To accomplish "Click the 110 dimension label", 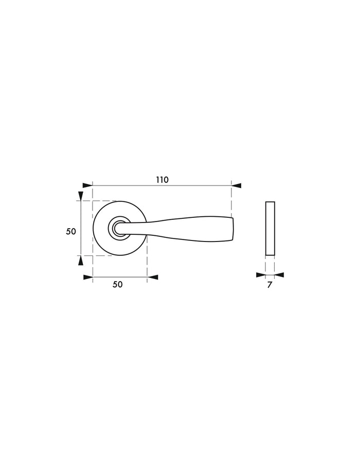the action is click(162, 180).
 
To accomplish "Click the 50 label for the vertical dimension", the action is click(71, 231).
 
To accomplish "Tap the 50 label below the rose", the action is click(118, 285).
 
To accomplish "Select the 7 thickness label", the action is click(269, 285).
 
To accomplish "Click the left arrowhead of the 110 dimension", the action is click(87, 185).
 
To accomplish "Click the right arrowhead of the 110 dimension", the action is click(236, 185).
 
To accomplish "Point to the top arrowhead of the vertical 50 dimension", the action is click(80, 196).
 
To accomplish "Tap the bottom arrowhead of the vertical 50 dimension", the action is click(80, 260).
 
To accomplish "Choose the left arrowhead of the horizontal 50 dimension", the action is click(88, 277).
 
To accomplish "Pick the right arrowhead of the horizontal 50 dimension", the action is click(153, 277).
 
